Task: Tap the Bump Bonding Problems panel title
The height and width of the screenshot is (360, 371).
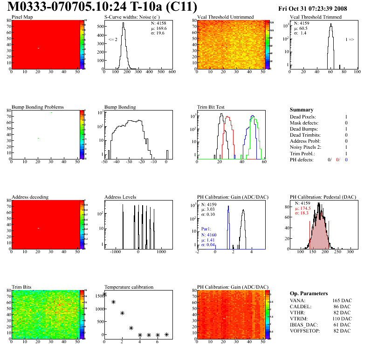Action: click(37, 107)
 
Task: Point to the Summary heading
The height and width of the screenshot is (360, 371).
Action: click(302, 110)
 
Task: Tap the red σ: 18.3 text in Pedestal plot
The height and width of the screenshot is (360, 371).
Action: click(302, 213)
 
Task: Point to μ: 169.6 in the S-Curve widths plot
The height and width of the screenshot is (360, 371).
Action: click(159, 28)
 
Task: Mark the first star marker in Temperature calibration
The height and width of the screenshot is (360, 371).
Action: click(104, 294)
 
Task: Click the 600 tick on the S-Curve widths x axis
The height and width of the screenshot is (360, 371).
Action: click(172, 72)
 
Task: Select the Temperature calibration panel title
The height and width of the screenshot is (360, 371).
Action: click(129, 287)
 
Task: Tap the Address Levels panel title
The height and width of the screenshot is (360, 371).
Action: click(120, 197)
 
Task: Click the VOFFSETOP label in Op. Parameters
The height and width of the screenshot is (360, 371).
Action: click(304, 331)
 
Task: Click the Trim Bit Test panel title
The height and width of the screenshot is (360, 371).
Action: click(211, 107)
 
